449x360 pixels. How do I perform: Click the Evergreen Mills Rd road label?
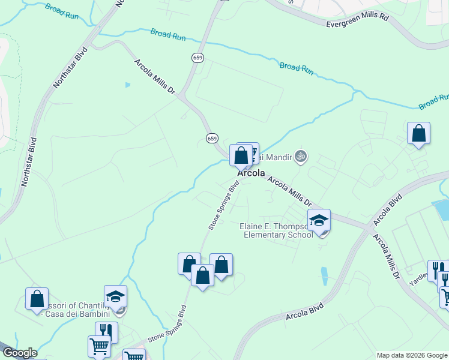[357, 21]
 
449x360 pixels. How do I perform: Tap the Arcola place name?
[252, 173]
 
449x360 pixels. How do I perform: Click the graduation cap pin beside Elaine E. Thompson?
[319, 221]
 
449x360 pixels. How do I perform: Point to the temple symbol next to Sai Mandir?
[301, 157]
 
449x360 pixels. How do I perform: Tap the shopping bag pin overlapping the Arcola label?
[241, 157]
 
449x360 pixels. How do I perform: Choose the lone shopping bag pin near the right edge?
[418, 134]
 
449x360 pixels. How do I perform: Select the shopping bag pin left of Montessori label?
[37, 299]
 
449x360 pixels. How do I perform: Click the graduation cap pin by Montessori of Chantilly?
[115, 297]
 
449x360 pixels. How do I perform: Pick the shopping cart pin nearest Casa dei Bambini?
[99, 346]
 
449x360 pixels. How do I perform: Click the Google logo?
[19, 353]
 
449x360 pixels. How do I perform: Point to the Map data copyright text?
[412, 355]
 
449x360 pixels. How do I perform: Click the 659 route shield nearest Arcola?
[212, 138]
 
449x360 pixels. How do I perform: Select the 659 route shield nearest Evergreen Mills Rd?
[197, 58]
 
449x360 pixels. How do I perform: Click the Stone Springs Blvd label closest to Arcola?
[220, 205]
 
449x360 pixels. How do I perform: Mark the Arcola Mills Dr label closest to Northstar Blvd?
[154, 77]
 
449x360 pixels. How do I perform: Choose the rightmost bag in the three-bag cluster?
[221, 265]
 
